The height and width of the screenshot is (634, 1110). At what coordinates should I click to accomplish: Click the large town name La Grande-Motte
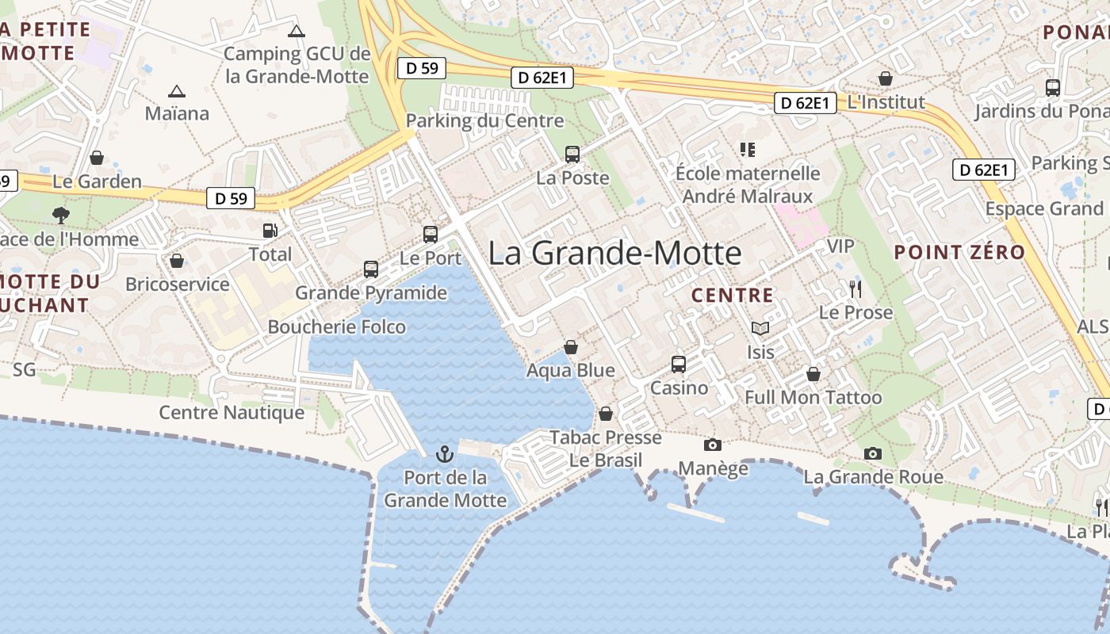pyautogui.click(x=614, y=254)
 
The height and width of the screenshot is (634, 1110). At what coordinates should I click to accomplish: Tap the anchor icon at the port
pyautogui.click(x=445, y=454)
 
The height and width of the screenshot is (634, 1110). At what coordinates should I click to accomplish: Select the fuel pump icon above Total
pyautogui.click(x=270, y=231)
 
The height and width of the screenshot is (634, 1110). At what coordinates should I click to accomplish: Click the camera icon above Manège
pyautogui.click(x=713, y=445)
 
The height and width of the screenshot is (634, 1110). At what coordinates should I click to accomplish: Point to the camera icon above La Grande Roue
pyautogui.click(x=873, y=453)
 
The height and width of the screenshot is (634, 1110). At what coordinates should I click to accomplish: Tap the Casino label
pyautogui.click(x=679, y=388)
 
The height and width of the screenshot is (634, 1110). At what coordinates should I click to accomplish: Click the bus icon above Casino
pyautogui.click(x=679, y=365)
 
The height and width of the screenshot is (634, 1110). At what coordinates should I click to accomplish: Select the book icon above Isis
pyautogui.click(x=760, y=328)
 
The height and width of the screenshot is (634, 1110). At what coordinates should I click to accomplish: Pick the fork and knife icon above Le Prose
pyautogui.click(x=855, y=288)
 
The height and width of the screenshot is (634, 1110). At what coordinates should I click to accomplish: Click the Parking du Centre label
pyautogui.click(x=484, y=120)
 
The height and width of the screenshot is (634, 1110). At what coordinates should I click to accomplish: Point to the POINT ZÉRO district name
pyautogui.click(x=959, y=253)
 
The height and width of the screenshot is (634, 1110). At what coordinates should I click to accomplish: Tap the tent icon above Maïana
pyautogui.click(x=176, y=91)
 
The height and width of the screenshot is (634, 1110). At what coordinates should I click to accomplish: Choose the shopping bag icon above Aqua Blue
pyautogui.click(x=570, y=347)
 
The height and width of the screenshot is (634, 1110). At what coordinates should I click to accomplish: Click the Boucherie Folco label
pyautogui.click(x=336, y=327)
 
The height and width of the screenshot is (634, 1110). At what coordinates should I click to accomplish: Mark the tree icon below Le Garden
pyautogui.click(x=60, y=215)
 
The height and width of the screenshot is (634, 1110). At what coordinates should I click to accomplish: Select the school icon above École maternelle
pyautogui.click(x=747, y=149)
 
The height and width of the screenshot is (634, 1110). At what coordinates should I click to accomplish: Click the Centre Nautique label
pyautogui.click(x=232, y=412)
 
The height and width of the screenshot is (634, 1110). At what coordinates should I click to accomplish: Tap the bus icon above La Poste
pyautogui.click(x=572, y=155)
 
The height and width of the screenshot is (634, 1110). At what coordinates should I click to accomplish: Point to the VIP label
pyautogui.click(x=840, y=246)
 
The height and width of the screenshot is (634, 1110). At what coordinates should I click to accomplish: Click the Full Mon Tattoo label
pyautogui.click(x=813, y=397)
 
